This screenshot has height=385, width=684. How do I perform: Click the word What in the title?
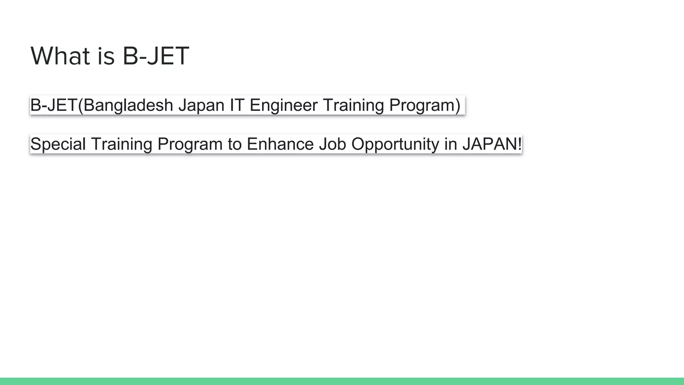tap(60, 56)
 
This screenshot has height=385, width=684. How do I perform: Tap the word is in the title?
tap(106, 56)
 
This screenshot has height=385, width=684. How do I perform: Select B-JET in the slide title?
tap(156, 56)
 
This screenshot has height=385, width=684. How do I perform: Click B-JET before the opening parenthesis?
tap(53, 105)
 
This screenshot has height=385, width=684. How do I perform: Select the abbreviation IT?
tap(237, 105)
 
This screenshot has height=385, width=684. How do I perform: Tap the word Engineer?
tap(283, 105)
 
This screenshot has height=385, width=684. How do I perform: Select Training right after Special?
tap(121, 144)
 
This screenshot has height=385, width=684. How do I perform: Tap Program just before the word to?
tap(190, 144)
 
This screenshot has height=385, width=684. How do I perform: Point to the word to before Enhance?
tap(234, 144)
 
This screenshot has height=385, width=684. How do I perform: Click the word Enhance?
tap(280, 144)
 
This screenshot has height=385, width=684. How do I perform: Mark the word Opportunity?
tap(395, 144)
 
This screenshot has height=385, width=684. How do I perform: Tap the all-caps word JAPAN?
tap(492, 144)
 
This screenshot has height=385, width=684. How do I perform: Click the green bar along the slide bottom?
tap(342, 381)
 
